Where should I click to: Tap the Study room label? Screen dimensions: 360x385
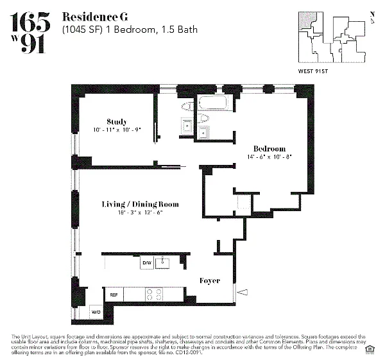[x=117, y=121]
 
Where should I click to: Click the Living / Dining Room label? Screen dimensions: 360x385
[x=139, y=204]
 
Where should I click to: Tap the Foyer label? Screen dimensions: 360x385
[x=210, y=280]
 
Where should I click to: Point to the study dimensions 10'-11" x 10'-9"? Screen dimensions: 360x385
[x=117, y=129]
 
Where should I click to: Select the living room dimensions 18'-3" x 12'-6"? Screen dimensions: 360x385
[x=139, y=212]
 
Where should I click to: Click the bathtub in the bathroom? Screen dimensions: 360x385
[x=215, y=104]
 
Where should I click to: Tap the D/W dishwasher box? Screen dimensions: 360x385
[x=146, y=262]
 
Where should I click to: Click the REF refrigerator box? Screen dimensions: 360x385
[x=114, y=295]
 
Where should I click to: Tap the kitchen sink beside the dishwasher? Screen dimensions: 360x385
[x=164, y=262]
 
